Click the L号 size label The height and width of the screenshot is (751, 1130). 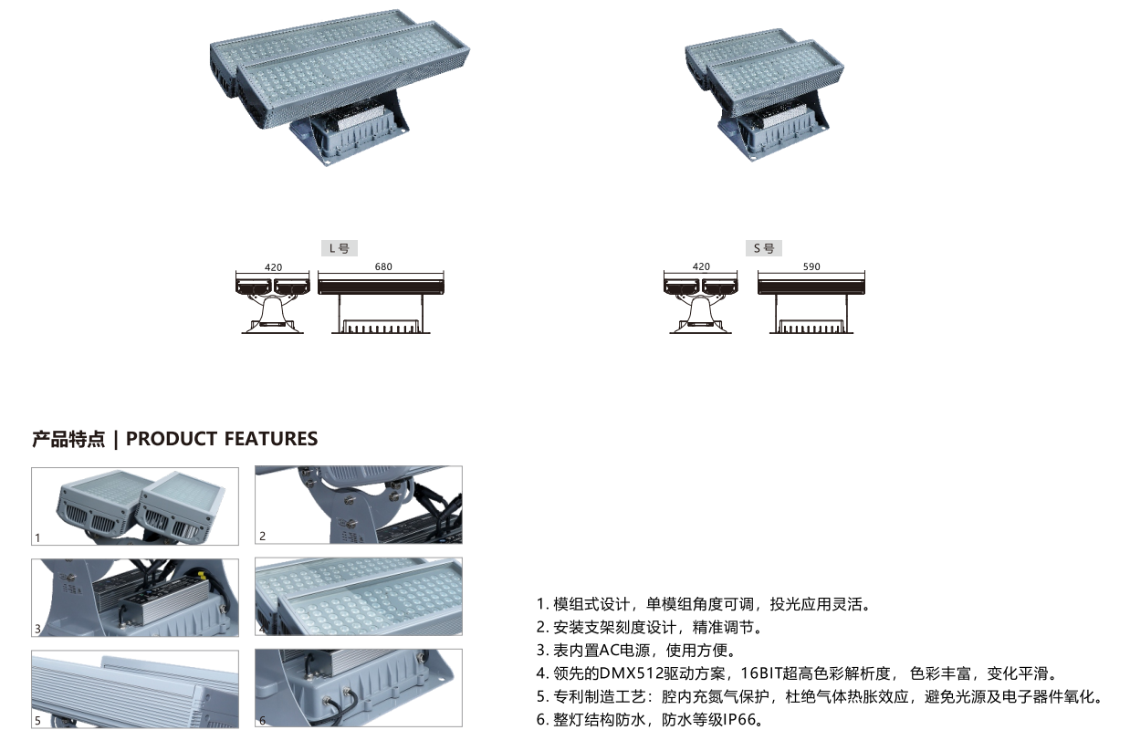click(x=340, y=248)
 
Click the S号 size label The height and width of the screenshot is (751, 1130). click(x=764, y=248)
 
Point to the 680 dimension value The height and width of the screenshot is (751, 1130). click(x=383, y=266)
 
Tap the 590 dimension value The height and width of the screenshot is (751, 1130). click(x=811, y=266)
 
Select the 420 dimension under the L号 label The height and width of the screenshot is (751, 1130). click(x=274, y=266)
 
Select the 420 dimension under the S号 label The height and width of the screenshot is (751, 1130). click(x=701, y=266)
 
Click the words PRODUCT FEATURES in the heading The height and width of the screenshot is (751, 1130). click(x=222, y=439)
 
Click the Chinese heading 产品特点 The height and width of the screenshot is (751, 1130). click(x=68, y=439)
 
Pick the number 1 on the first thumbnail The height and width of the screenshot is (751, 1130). click(x=37, y=538)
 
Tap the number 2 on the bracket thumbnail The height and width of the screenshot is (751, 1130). click(x=262, y=537)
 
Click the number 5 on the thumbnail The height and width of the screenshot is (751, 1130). click(x=37, y=721)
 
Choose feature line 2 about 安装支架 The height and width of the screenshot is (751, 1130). click(x=650, y=627)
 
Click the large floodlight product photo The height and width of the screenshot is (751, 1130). click(x=340, y=87)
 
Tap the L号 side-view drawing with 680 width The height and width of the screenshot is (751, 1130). click(x=381, y=303)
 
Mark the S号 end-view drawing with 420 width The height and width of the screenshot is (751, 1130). click(x=701, y=303)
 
